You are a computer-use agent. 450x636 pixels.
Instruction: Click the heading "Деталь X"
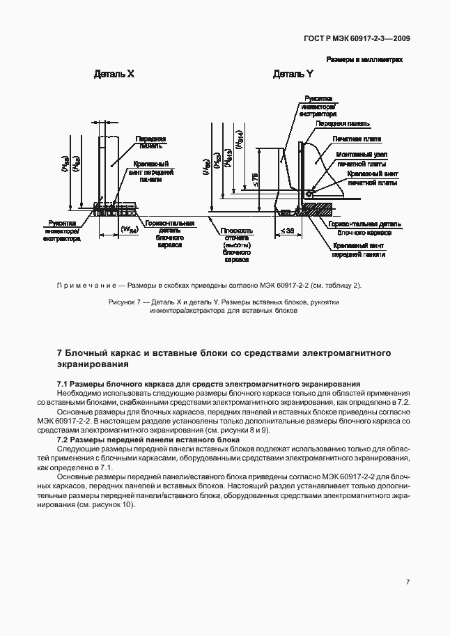[114, 74]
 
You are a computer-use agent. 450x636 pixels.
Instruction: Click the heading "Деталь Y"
[293, 74]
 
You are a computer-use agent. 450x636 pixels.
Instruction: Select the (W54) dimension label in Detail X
[130, 228]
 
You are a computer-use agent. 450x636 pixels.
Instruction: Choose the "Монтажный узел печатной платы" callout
[362, 158]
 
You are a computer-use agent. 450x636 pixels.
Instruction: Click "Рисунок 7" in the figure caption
[125, 302]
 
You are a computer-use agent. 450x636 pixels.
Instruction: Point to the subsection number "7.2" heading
[62, 440]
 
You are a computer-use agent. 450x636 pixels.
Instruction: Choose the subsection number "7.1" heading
[62, 384]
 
